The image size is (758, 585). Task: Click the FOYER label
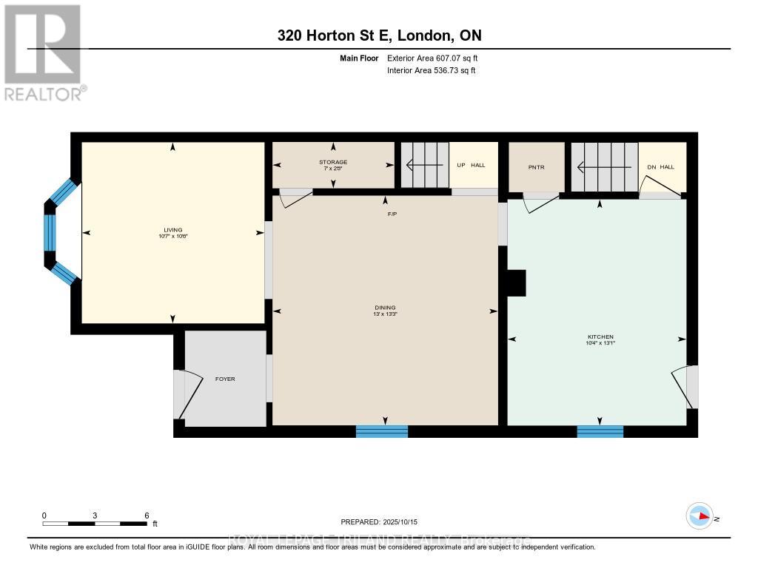click(x=224, y=379)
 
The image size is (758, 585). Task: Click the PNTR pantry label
click(x=536, y=167)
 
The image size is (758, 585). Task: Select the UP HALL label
click(x=471, y=165)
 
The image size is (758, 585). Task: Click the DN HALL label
click(x=661, y=167)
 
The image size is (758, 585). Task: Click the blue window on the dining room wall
click(x=382, y=431)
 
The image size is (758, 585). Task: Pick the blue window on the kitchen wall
click(x=600, y=431)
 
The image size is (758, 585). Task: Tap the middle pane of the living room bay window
click(x=50, y=233)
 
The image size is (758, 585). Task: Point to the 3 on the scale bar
click(x=95, y=515)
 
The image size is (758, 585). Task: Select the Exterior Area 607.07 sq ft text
click(x=437, y=58)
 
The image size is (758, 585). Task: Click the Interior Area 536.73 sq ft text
click(x=431, y=70)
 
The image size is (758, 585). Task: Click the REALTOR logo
click(x=44, y=52)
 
